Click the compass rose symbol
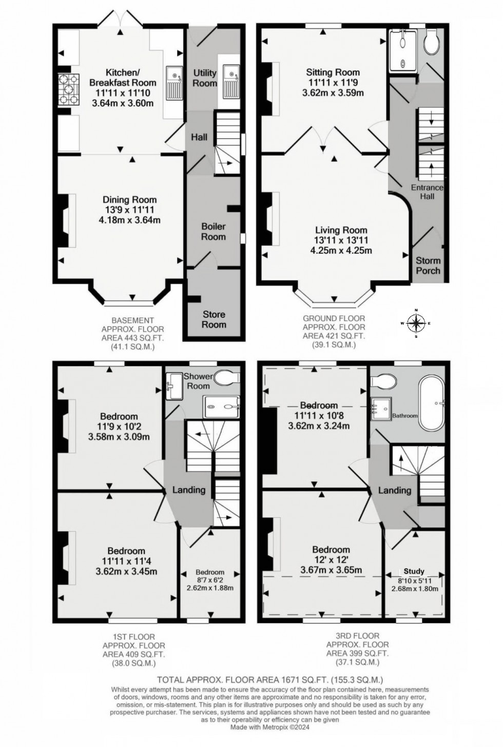pyautogui.click(x=416, y=323)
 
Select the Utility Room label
pyautogui.click(x=205, y=77)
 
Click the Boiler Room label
pyautogui.click(x=214, y=231)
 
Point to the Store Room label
pyautogui.click(x=214, y=319)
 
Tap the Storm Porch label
pyautogui.click(x=428, y=265)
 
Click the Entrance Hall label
pyautogui.click(x=427, y=192)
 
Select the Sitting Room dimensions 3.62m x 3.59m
pyautogui.click(x=333, y=93)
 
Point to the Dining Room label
pyautogui.click(x=130, y=199)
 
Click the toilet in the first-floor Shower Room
pyautogui.click(x=227, y=378)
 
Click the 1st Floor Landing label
pyautogui.click(x=189, y=490)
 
